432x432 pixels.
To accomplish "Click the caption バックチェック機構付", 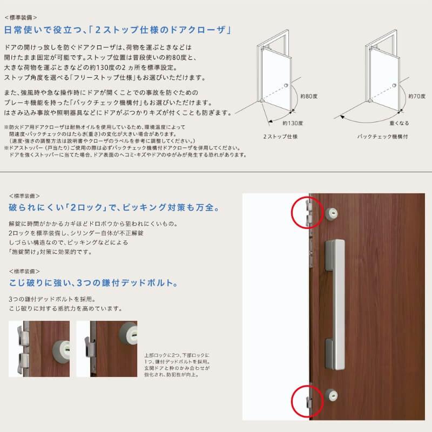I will pyautogui.click(x=383, y=137).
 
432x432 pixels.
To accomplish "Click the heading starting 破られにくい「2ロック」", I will pyautogui.click(x=113, y=207).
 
